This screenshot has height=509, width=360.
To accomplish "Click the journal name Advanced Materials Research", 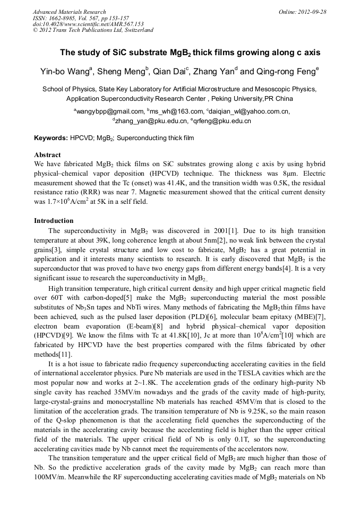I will click(x=70, y=12).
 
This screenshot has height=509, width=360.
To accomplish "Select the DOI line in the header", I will click(x=88, y=24).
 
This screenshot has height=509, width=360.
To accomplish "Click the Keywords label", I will click(x=50, y=138).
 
